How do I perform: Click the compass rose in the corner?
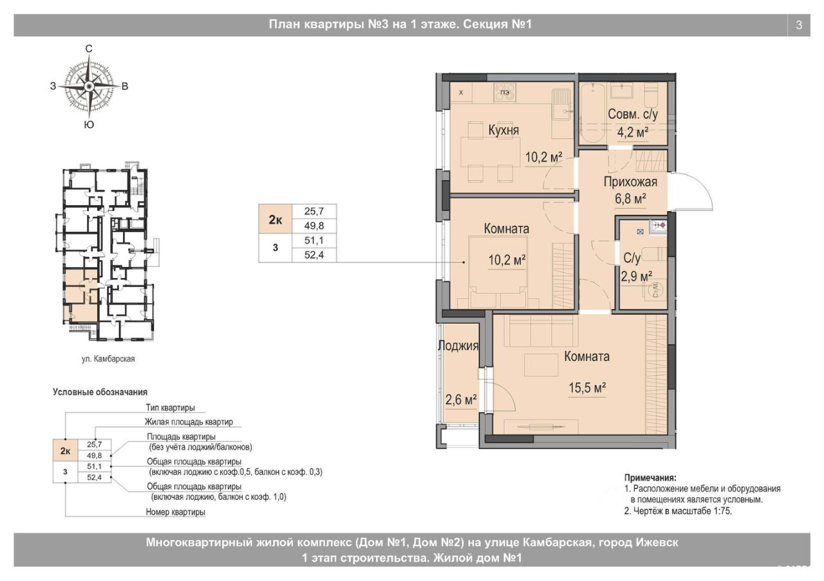(x=89, y=87)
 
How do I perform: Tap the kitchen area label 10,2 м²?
(x=544, y=158)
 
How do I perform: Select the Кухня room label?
(x=503, y=130)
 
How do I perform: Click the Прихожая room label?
(x=630, y=182)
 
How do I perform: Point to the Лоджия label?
(x=458, y=346)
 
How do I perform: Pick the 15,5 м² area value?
(x=588, y=387)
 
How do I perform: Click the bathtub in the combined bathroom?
(x=593, y=113)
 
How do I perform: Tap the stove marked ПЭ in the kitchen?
(x=505, y=93)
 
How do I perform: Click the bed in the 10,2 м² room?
(x=498, y=272)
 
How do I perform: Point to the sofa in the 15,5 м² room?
(x=540, y=333)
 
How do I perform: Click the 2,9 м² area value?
(x=637, y=277)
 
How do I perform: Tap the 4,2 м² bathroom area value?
(x=633, y=132)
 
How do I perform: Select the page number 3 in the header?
(x=799, y=25)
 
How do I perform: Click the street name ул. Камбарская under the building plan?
(x=108, y=359)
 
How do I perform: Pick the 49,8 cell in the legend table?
(x=95, y=456)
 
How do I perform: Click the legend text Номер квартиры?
(x=176, y=512)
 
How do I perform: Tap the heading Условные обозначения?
(x=100, y=392)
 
